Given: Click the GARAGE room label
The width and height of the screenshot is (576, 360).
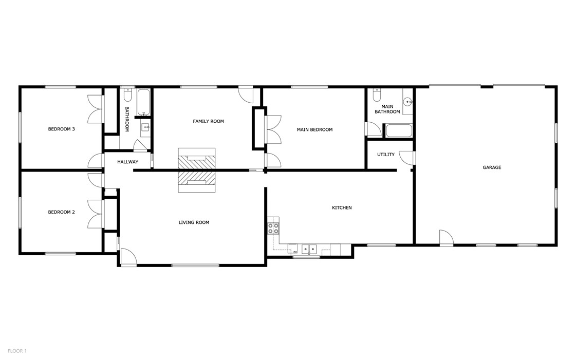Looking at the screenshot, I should (x=492, y=167).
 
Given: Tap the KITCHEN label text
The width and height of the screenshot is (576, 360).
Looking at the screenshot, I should (x=342, y=207).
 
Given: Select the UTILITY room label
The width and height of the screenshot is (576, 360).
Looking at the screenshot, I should (x=385, y=155).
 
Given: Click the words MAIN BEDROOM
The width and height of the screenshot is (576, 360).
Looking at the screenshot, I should (x=314, y=129).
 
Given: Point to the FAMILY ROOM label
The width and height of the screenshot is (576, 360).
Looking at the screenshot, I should (x=208, y=121).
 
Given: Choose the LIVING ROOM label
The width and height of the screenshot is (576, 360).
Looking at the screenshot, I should (x=194, y=222).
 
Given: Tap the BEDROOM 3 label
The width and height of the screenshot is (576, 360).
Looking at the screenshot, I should (x=62, y=129).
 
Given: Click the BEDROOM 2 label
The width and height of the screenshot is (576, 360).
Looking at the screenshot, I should (x=62, y=212).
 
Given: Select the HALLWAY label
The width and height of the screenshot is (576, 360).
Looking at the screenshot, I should (x=127, y=162).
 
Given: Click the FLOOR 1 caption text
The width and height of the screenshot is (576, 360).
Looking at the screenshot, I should (x=17, y=351).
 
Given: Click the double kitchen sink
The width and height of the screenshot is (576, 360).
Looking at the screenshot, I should (x=309, y=249).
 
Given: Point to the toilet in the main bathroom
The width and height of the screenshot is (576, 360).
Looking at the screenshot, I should (x=377, y=95).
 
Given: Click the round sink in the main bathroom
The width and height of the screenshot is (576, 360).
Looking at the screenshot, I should (x=408, y=101).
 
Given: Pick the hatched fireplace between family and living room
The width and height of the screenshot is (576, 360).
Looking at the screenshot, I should (x=196, y=170).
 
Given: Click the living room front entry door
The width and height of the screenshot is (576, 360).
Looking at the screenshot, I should (x=128, y=257).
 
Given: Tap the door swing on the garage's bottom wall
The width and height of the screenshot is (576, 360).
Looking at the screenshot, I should (x=446, y=238).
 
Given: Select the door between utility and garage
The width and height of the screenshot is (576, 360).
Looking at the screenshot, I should (x=407, y=158).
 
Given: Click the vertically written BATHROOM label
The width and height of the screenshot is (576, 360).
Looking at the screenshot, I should (x=127, y=119).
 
